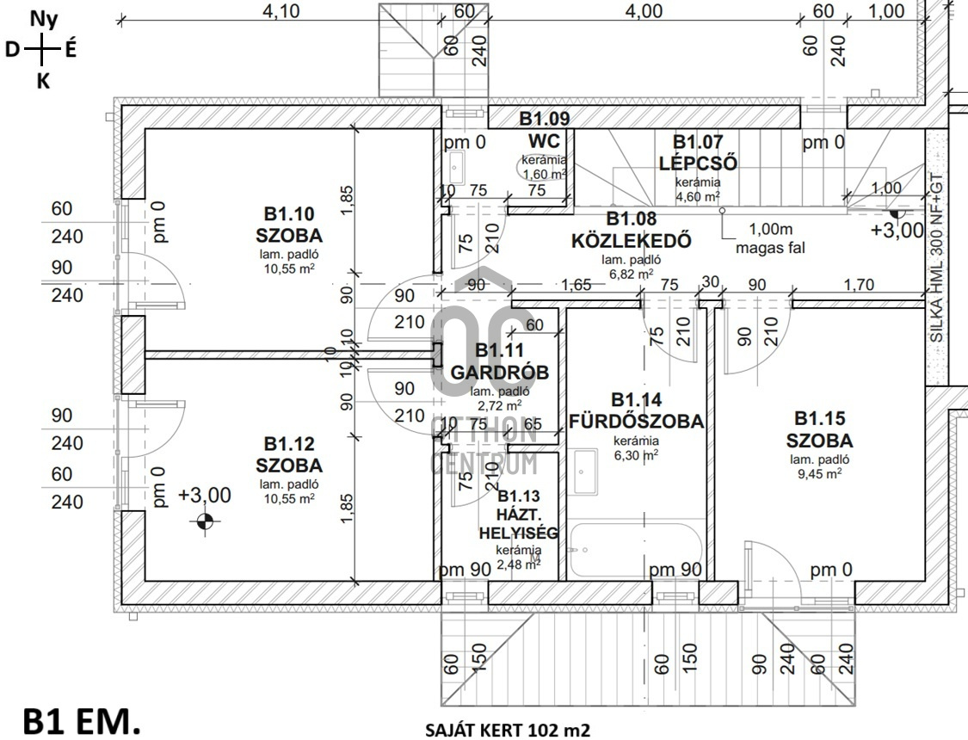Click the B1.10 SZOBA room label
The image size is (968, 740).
click(288, 225)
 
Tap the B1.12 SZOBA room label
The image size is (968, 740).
click(288, 455)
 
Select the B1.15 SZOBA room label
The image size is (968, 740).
click(818, 430)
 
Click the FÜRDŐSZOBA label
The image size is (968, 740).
click(636, 411)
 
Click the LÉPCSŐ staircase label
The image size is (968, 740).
click(698, 152)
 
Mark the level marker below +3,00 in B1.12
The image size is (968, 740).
click(205, 521)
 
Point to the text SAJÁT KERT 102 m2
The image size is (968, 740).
click(508, 731)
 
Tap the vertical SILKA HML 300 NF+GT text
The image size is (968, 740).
click(937, 258)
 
